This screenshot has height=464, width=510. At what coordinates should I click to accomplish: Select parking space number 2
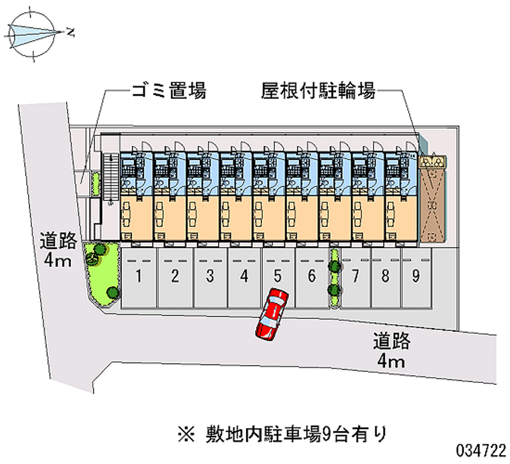[175, 277]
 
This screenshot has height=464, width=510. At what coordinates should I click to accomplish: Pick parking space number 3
[209, 277]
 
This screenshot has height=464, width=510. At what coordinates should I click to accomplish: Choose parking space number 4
[244, 277]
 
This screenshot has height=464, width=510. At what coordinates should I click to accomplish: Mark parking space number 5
[277, 277]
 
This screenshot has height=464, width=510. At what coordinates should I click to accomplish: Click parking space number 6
[311, 277]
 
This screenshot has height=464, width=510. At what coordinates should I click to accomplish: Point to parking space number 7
[356, 277]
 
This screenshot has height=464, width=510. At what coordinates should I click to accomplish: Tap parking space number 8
[386, 277]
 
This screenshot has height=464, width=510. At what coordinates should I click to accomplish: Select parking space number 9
[416, 277]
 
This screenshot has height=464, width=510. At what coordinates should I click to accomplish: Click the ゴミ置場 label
[168, 91]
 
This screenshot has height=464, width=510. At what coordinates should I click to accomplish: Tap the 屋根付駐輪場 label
[317, 91]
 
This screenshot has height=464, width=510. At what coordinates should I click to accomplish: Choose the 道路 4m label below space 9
[391, 352]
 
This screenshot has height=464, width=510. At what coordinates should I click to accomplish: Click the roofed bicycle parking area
[434, 198]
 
